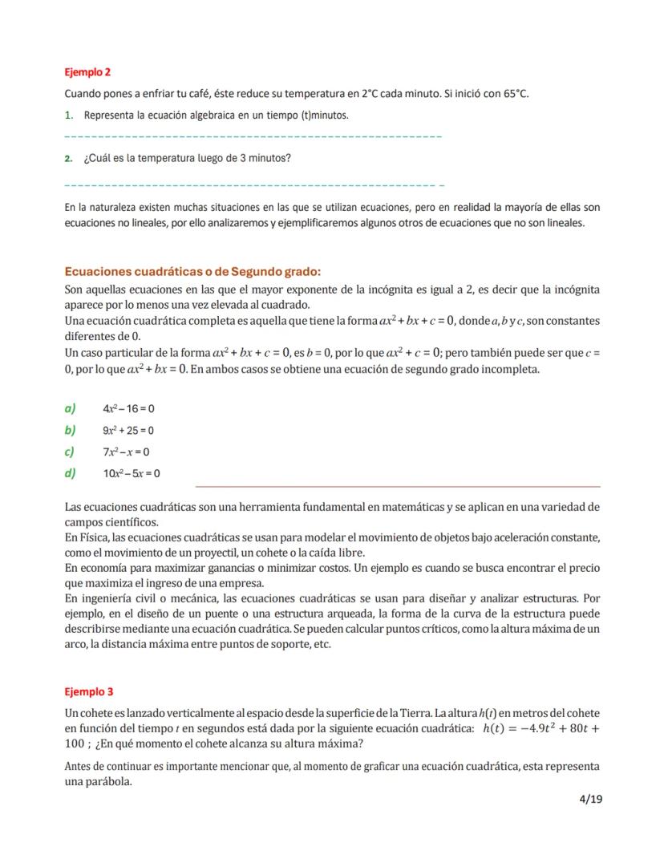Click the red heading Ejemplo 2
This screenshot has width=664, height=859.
[x=87, y=72]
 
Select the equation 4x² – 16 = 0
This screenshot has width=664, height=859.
[x=128, y=409]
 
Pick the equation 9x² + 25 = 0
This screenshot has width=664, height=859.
[x=128, y=431]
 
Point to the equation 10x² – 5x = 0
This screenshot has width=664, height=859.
[x=131, y=473]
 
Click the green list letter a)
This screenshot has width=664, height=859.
[x=70, y=409]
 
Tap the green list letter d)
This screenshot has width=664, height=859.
[x=70, y=473]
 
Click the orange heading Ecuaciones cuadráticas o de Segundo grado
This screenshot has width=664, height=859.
[x=192, y=272]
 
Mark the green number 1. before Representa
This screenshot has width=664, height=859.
[x=68, y=115]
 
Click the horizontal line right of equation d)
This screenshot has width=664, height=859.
[x=397, y=486]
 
